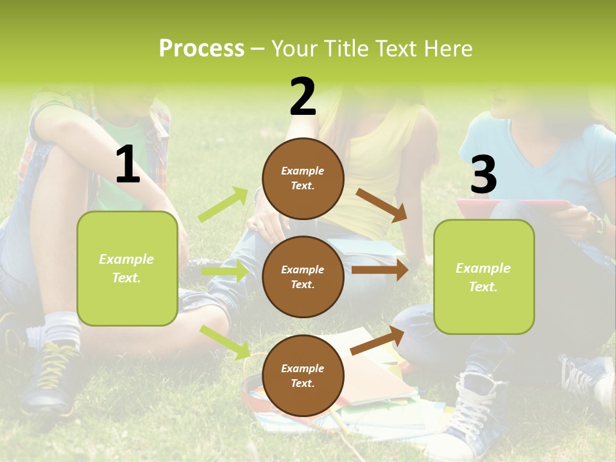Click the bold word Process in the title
coord(201,49)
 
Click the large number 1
coord(128,165)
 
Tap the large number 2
coord(303,97)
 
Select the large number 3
coord(483,175)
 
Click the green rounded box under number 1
coord(127,268)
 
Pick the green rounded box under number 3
coord(484,277)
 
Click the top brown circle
coord(303,178)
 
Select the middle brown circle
coord(303,277)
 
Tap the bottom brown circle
coord(303,375)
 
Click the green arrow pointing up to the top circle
coord(223,205)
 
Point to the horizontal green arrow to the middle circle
coord(225,272)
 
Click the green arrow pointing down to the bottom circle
coord(225,341)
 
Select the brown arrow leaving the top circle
coord(382,205)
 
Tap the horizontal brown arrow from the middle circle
coord(379,270)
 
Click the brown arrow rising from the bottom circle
coord(377,341)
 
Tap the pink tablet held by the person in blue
coord(513,206)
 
